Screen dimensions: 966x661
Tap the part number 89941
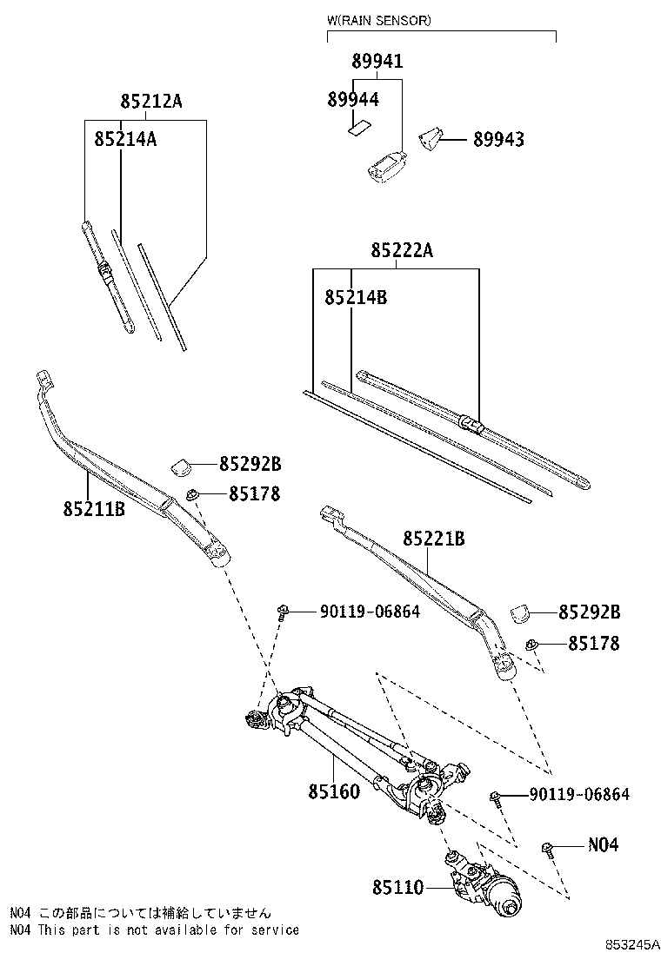pyautogui.click(x=377, y=61)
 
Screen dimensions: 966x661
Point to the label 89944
pyautogui.click(x=353, y=100)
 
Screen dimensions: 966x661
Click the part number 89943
pyautogui.click(x=498, y=139)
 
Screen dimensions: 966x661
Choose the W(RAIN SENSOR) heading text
pyautogui.click(x=378, y=20)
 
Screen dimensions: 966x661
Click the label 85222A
pyautogui.click(x=401, y=251)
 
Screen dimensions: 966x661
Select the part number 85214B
pyautogui.click(x=355, y=297)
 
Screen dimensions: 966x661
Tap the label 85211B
pyautogui.click(x=93, y=508)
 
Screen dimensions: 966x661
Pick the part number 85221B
pyautogui.click(x=433, y=539)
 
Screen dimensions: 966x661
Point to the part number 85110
pyautogui.click(x=398, y=887)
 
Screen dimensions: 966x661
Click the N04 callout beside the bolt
pyautogui.click(x=603, y=844)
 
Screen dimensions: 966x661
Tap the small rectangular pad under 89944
pyautogui.click(x=357, y=128)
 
